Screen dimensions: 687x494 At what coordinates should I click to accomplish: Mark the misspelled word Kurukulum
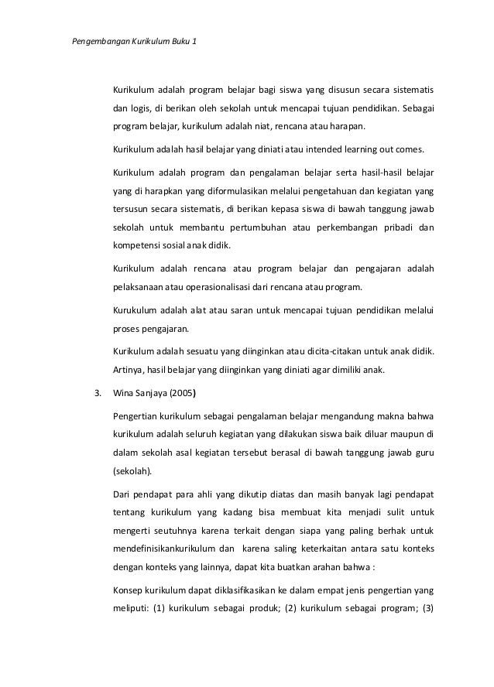tap(133, 311)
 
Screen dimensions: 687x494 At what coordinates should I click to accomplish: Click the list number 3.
tap(97, 392)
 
